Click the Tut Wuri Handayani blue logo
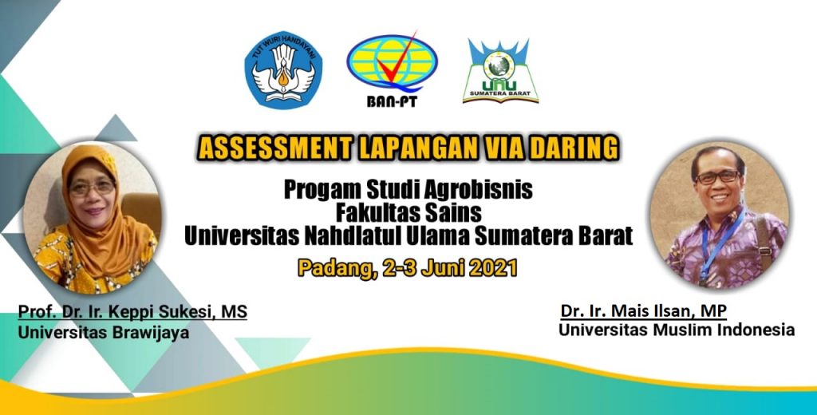(x=283, y=70)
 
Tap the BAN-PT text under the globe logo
(x=392, y=101)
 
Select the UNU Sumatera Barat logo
(x=500, y=70)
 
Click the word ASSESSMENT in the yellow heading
(x=274, y=148)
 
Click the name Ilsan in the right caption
(x=669, y=311)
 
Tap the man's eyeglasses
(x=718, y=177)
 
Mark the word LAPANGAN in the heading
(x=418, y=148)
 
